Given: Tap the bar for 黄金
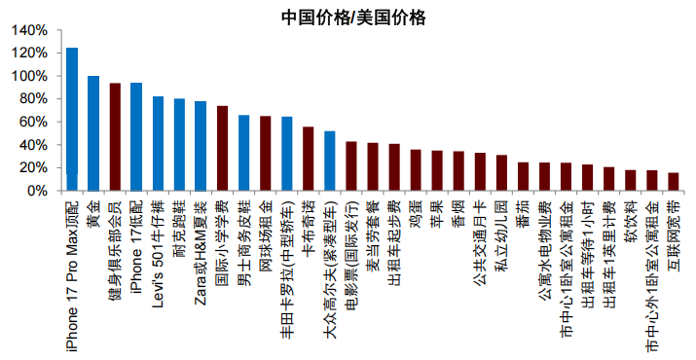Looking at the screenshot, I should [x=93, y=133].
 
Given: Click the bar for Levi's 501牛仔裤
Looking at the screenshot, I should [x=158, y=143].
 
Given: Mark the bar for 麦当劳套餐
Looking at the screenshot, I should [x=372, y=166].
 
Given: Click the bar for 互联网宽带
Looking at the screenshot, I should [x=673, y=181].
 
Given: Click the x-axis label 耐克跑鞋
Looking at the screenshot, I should [x=179, y=223].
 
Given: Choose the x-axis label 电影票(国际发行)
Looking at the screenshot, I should [x=350, y=243].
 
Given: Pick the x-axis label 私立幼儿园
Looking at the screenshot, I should [x=500, y=229].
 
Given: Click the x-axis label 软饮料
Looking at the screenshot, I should [x=630, y=218].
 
